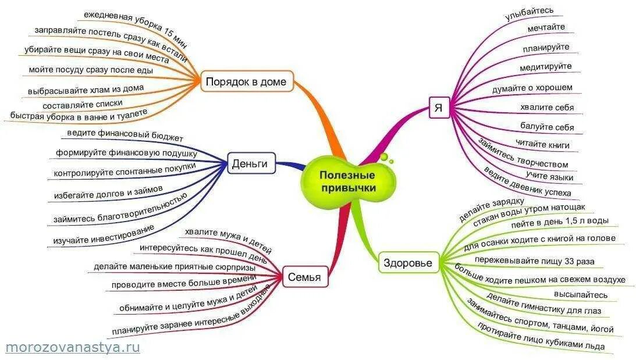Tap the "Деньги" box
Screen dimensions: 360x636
250,164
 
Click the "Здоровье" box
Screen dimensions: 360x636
408,263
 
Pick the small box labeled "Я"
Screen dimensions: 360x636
439,108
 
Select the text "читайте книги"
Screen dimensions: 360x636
542,145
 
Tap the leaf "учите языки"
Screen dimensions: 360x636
549,176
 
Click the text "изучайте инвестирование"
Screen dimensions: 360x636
103,234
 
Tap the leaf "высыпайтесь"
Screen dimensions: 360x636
580,295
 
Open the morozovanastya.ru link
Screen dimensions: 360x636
73,347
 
